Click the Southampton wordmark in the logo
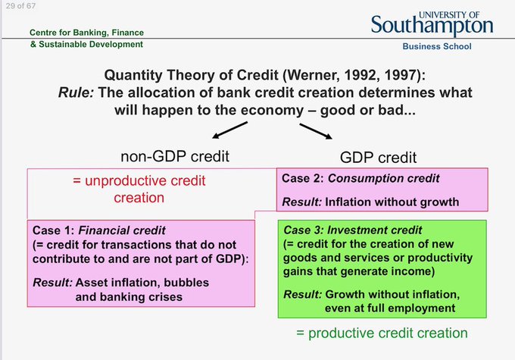(x=432, y=26)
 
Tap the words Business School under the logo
(x=437, y=46)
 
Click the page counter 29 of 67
(x=20, y=6)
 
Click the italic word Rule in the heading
(x=76, y=92)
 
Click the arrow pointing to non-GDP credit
(x=229, y=130)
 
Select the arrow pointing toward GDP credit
(x=316, y=131)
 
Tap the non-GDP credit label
(x=175, y=156)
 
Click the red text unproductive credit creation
(x=139, y=189)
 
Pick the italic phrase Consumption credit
(x=384, y=178)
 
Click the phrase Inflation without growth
(x=392, y=202)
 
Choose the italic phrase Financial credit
(x=122, y=230)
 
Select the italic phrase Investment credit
(x=374, y=230)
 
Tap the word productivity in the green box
(x=440, y=258)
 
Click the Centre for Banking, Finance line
(x=86, y=33)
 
